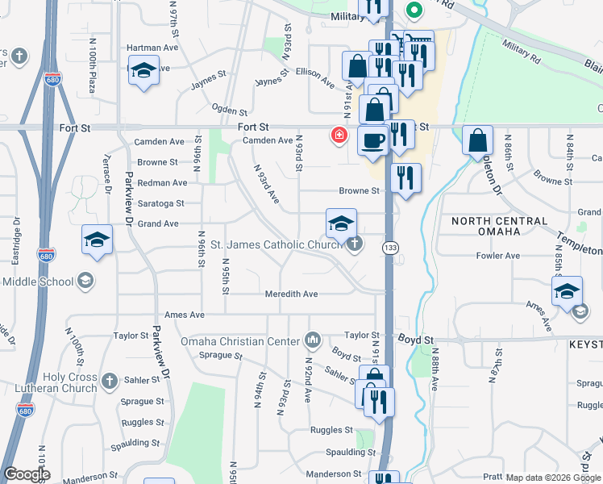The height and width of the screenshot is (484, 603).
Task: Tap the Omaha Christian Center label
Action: pyautogui.click(x=240, y=341)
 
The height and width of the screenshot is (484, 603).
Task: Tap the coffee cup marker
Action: pyautogui.click(x=372, y=140)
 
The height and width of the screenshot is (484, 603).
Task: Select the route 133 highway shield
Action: pyautogui.click(x=390, y=247)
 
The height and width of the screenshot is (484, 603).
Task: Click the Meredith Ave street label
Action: pyautogui.click(x=292, y=294)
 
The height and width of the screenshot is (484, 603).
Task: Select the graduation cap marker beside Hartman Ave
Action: pyautogui.click(x=143, y=71)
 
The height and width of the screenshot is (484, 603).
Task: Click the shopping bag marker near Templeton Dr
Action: pyautogui.click(x=477, y=140)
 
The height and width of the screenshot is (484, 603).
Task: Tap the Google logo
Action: pyautogui.click(x=26, y=474)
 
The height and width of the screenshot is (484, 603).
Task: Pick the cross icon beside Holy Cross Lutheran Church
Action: pyautogui.click(x=110, y=379)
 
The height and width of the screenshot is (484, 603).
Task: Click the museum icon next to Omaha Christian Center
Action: pyautogui.click(x=313, y=339)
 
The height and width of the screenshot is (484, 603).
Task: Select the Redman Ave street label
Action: pyautogui.click(x=163, y=184)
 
